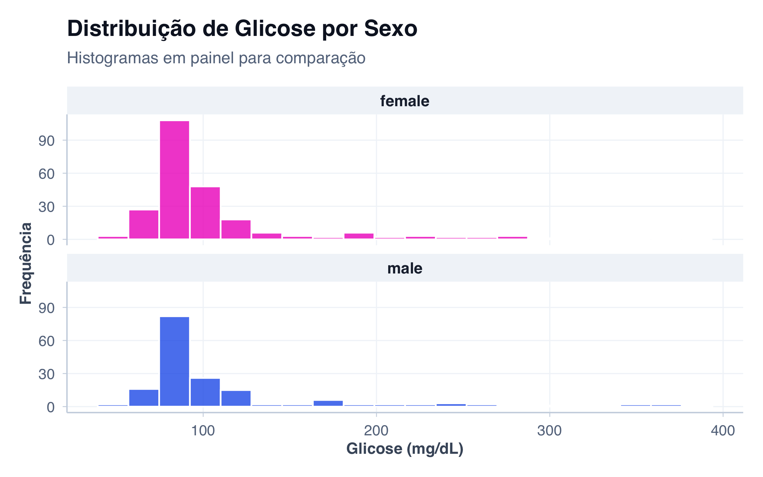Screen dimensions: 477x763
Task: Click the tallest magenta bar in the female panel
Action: click(x=174, y=180)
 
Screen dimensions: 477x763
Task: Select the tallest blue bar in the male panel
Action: click(x=174, y=361)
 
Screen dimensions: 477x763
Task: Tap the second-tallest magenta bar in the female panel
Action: click(x=205, y=213)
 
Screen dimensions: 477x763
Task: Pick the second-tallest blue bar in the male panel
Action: click(x=205, y=392)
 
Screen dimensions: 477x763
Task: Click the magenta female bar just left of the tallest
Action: click(x=144, y=224)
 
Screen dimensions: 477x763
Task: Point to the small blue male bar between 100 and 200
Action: click(x=328, y=403)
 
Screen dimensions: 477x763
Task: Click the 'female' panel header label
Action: click(x=405, y=101)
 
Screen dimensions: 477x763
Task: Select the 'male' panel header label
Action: click(x=405, y=268)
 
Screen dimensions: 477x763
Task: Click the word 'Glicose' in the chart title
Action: click(x=275, y=29)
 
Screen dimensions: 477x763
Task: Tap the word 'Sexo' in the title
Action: click(x=390, y=29)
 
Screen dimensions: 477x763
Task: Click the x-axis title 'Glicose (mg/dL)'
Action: click(x=405, y=449)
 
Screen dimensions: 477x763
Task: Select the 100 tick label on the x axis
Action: click(x=203, y=431)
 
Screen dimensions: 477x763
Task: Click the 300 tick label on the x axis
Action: click(x=549, y=431)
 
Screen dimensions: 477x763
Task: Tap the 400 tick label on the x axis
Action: click(x=723, y=431)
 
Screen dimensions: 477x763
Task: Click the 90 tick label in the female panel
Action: click(x=46, y=141)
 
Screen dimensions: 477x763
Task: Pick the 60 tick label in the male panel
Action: click(x=46, y=341)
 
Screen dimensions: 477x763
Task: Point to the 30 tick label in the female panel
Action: click(x=46, y=207)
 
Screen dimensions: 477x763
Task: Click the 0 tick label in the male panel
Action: click(x=51, y=407)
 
